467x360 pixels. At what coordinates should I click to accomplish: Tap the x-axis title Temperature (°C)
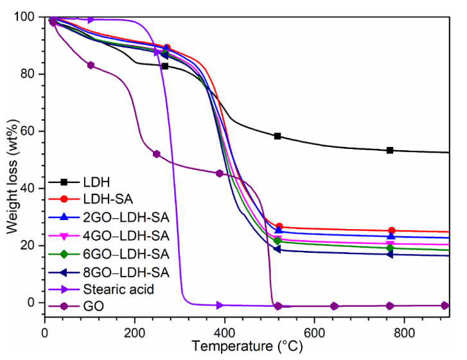click(246, 348)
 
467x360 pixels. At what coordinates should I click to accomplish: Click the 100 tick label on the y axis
click(27, 17)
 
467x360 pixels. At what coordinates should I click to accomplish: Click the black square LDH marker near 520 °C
click(278, 136)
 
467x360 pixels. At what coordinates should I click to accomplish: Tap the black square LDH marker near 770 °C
click(390, 150)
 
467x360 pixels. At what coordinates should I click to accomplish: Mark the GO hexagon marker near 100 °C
click(91, 65)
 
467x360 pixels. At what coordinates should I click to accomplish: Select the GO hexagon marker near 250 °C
click(156, 154)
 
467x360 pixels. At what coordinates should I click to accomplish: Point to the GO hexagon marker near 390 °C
click(220, 173)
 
